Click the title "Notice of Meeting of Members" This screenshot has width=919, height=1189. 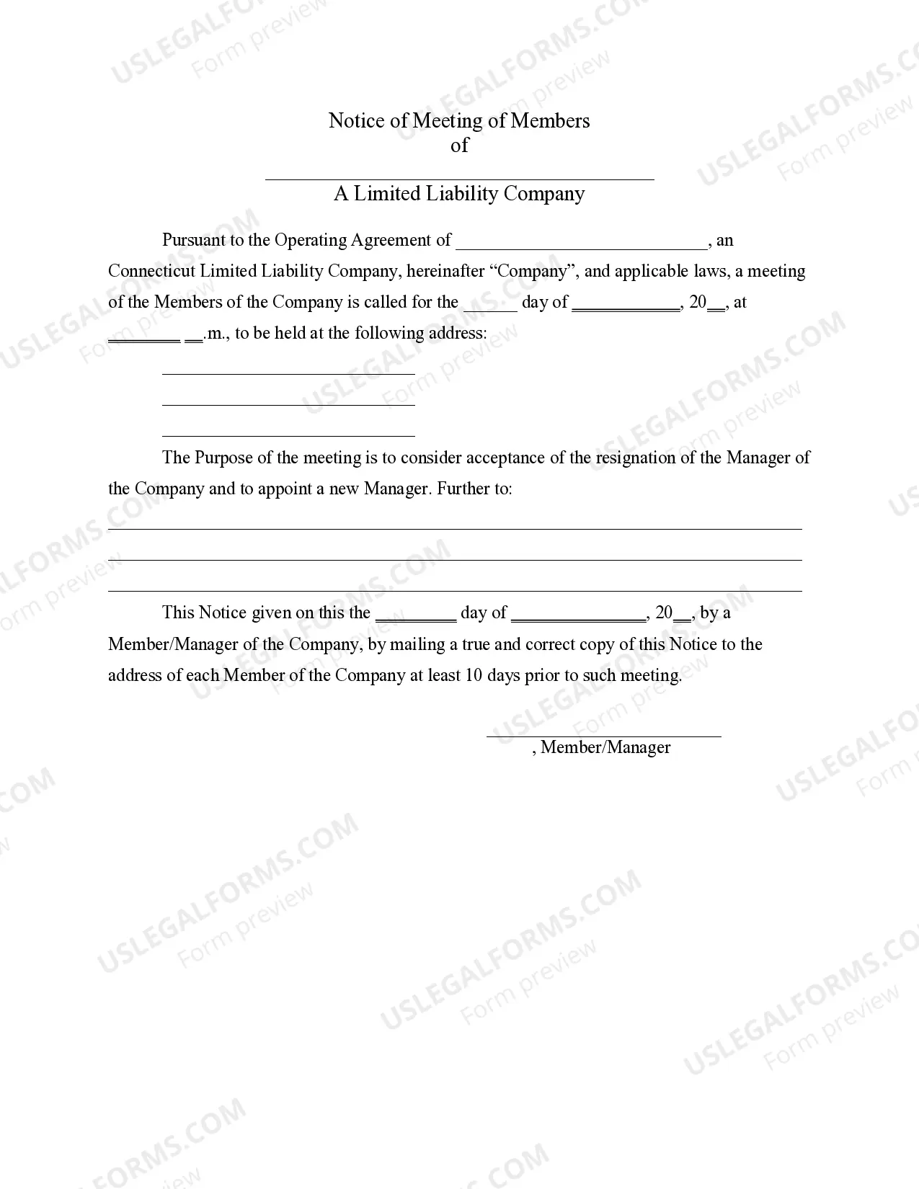pyautogui.click(x=459, y=120)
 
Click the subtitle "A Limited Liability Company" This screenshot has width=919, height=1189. pyautogui.click(x=459, y=194)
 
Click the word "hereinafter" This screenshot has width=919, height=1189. pyautogui.click(x=445, y=272)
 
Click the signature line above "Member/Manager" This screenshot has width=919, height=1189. pyautogui.click(x=603, y=733)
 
